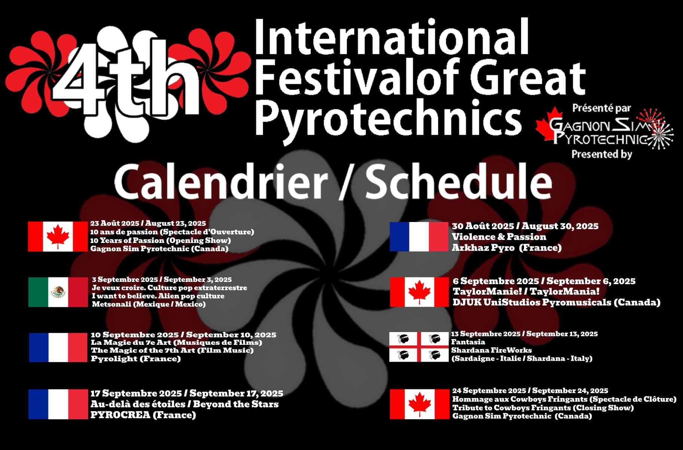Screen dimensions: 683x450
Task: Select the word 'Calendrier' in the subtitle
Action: point(221,182)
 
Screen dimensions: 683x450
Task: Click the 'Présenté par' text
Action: point(602,109)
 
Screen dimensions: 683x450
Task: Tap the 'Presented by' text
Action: point(602,154)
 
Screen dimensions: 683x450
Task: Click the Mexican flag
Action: point(58,292)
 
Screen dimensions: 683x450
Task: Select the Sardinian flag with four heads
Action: point(419,347)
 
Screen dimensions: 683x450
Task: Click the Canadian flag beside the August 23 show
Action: point(58,237)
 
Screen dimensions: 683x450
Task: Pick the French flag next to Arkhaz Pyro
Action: point(419,237)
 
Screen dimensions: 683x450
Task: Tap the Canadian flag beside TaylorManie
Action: point(419,292)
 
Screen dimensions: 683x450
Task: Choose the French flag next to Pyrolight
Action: point(58,347)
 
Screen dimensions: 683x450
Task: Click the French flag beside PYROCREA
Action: point(58,404)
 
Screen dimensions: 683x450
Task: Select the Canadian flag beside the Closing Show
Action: point(419,404)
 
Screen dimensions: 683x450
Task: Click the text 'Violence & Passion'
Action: point(499,237)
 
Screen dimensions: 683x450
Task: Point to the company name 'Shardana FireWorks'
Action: point(491,350)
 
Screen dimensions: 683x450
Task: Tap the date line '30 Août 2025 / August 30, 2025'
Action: point(525,226)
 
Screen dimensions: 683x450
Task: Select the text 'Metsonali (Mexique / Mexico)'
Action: point(149,304)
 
